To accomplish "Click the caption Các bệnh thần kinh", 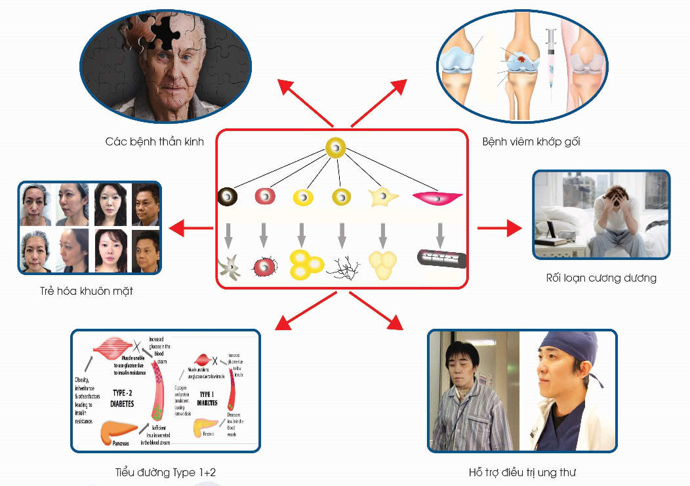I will pyautogui.click(x=154, y=141).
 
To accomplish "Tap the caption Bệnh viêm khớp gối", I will pyautogui.click(x=531, y=141).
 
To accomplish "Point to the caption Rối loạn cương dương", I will pyautogui.click(x=601, y=278).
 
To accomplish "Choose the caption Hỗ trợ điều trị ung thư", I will pyautogui.click(x=522, y=472).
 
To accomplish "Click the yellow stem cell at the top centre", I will pyautogui.click(x=336, y=148).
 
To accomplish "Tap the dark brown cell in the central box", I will pyautogui.click(x=228, y=196).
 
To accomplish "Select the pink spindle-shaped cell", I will pyautogui.click(x=437, y=196).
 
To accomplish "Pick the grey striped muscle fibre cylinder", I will pyautogui.click(x=442, y=259).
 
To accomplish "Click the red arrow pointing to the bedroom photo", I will pyautogui.click(x=500, y=229).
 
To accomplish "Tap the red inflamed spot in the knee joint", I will pyautogui.click(x=521, y=60).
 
